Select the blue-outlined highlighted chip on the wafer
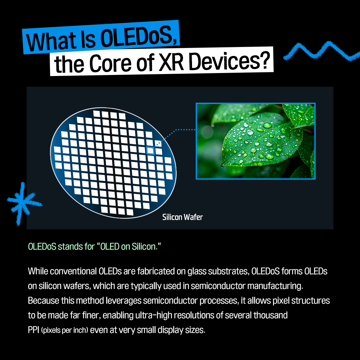150,151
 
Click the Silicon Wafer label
182,217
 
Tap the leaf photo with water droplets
255,141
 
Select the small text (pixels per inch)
65,331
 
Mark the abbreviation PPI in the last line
34,330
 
